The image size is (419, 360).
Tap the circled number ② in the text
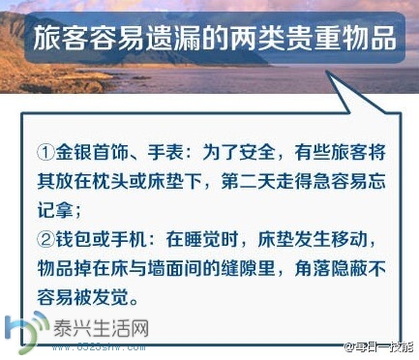[x=45, y=237]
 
